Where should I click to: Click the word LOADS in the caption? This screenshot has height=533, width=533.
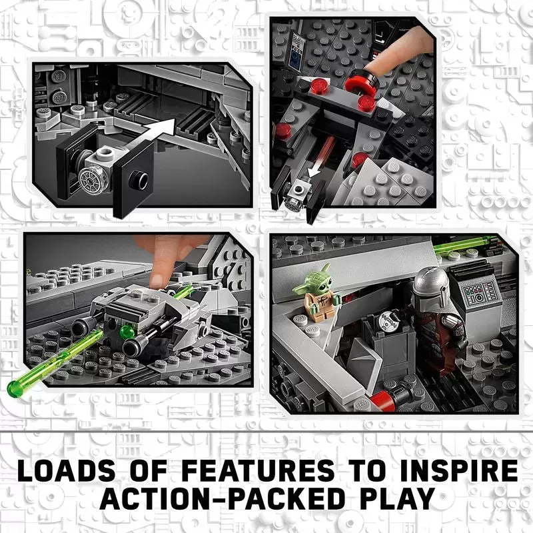point(66,471)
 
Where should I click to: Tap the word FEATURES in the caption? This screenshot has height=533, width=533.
point(258,471)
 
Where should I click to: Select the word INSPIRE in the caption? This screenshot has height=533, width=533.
point(459,471)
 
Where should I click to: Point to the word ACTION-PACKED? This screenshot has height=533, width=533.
point(223,498)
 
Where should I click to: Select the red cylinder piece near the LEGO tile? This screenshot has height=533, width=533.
point(382,399)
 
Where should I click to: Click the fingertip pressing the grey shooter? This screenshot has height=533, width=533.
point(157,278)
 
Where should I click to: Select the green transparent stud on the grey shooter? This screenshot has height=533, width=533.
point(126,330)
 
